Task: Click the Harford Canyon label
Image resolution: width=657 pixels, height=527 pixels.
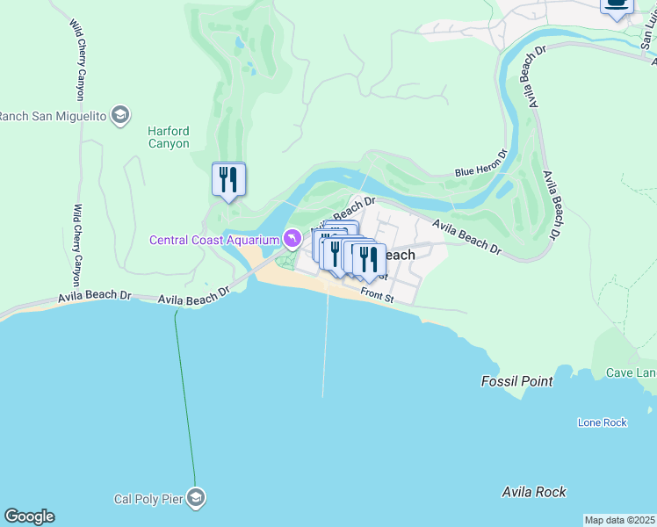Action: click(x=168, y=137)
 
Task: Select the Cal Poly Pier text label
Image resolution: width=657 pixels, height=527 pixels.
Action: click(x=148, y=499)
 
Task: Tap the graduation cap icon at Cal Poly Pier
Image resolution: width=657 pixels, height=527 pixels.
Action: click(x=196, y=499)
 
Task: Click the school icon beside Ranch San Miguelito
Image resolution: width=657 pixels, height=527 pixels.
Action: click(x=120, y=116)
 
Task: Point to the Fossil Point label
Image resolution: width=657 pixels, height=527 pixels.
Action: click(x=516, y=381)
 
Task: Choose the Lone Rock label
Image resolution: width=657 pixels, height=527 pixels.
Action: click(x=602, y=422)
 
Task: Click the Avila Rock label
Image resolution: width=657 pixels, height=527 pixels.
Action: click(x=533, y=492)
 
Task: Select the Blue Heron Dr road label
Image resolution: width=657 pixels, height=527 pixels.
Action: click(x=481, y=165)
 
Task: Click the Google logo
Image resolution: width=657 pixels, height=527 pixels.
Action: click(x=29, y=516)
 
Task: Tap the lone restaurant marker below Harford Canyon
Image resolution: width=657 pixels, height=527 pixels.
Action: click(x=228, y=180)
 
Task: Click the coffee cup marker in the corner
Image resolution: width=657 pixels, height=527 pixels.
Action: click(x=617, y=4)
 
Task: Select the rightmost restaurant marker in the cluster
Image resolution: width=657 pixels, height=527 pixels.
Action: click(x=370, y=260)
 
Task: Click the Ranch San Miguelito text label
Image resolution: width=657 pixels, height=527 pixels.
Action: click(x=53, y=116)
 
